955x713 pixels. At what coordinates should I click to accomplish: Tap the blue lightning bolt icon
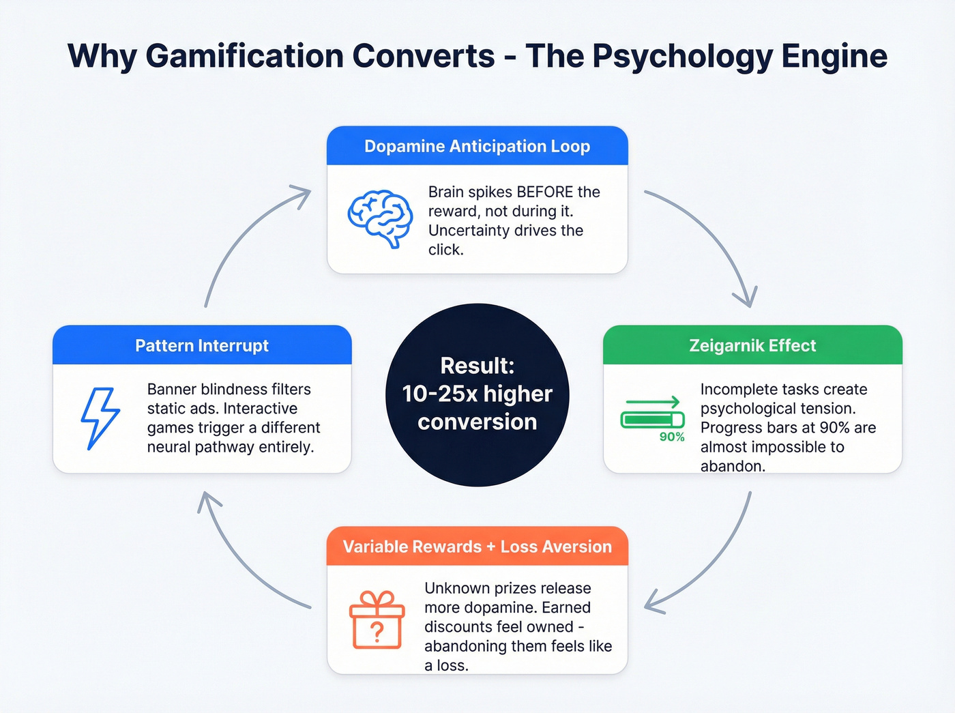click(100, 418)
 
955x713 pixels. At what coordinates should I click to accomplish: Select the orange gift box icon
click(377, 620)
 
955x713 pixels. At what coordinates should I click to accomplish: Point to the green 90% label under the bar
click(672, 437)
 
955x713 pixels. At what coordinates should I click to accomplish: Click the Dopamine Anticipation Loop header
click(477, 146)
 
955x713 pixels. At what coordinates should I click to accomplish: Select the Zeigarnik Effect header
click(752, 345)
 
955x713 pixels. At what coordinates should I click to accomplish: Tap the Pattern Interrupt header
click(202, 345)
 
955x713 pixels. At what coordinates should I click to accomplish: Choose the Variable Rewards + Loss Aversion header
click(477, 547)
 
